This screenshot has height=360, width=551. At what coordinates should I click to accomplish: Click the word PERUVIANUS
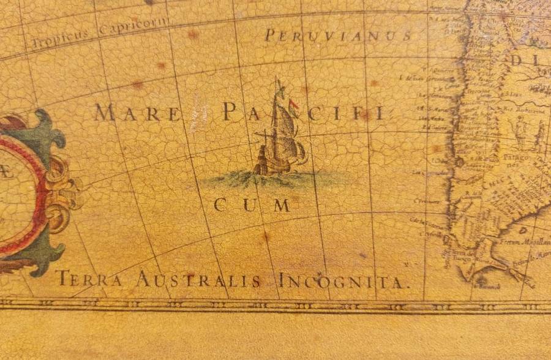(338, 36)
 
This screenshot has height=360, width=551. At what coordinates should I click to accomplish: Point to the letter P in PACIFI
(230, 112)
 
